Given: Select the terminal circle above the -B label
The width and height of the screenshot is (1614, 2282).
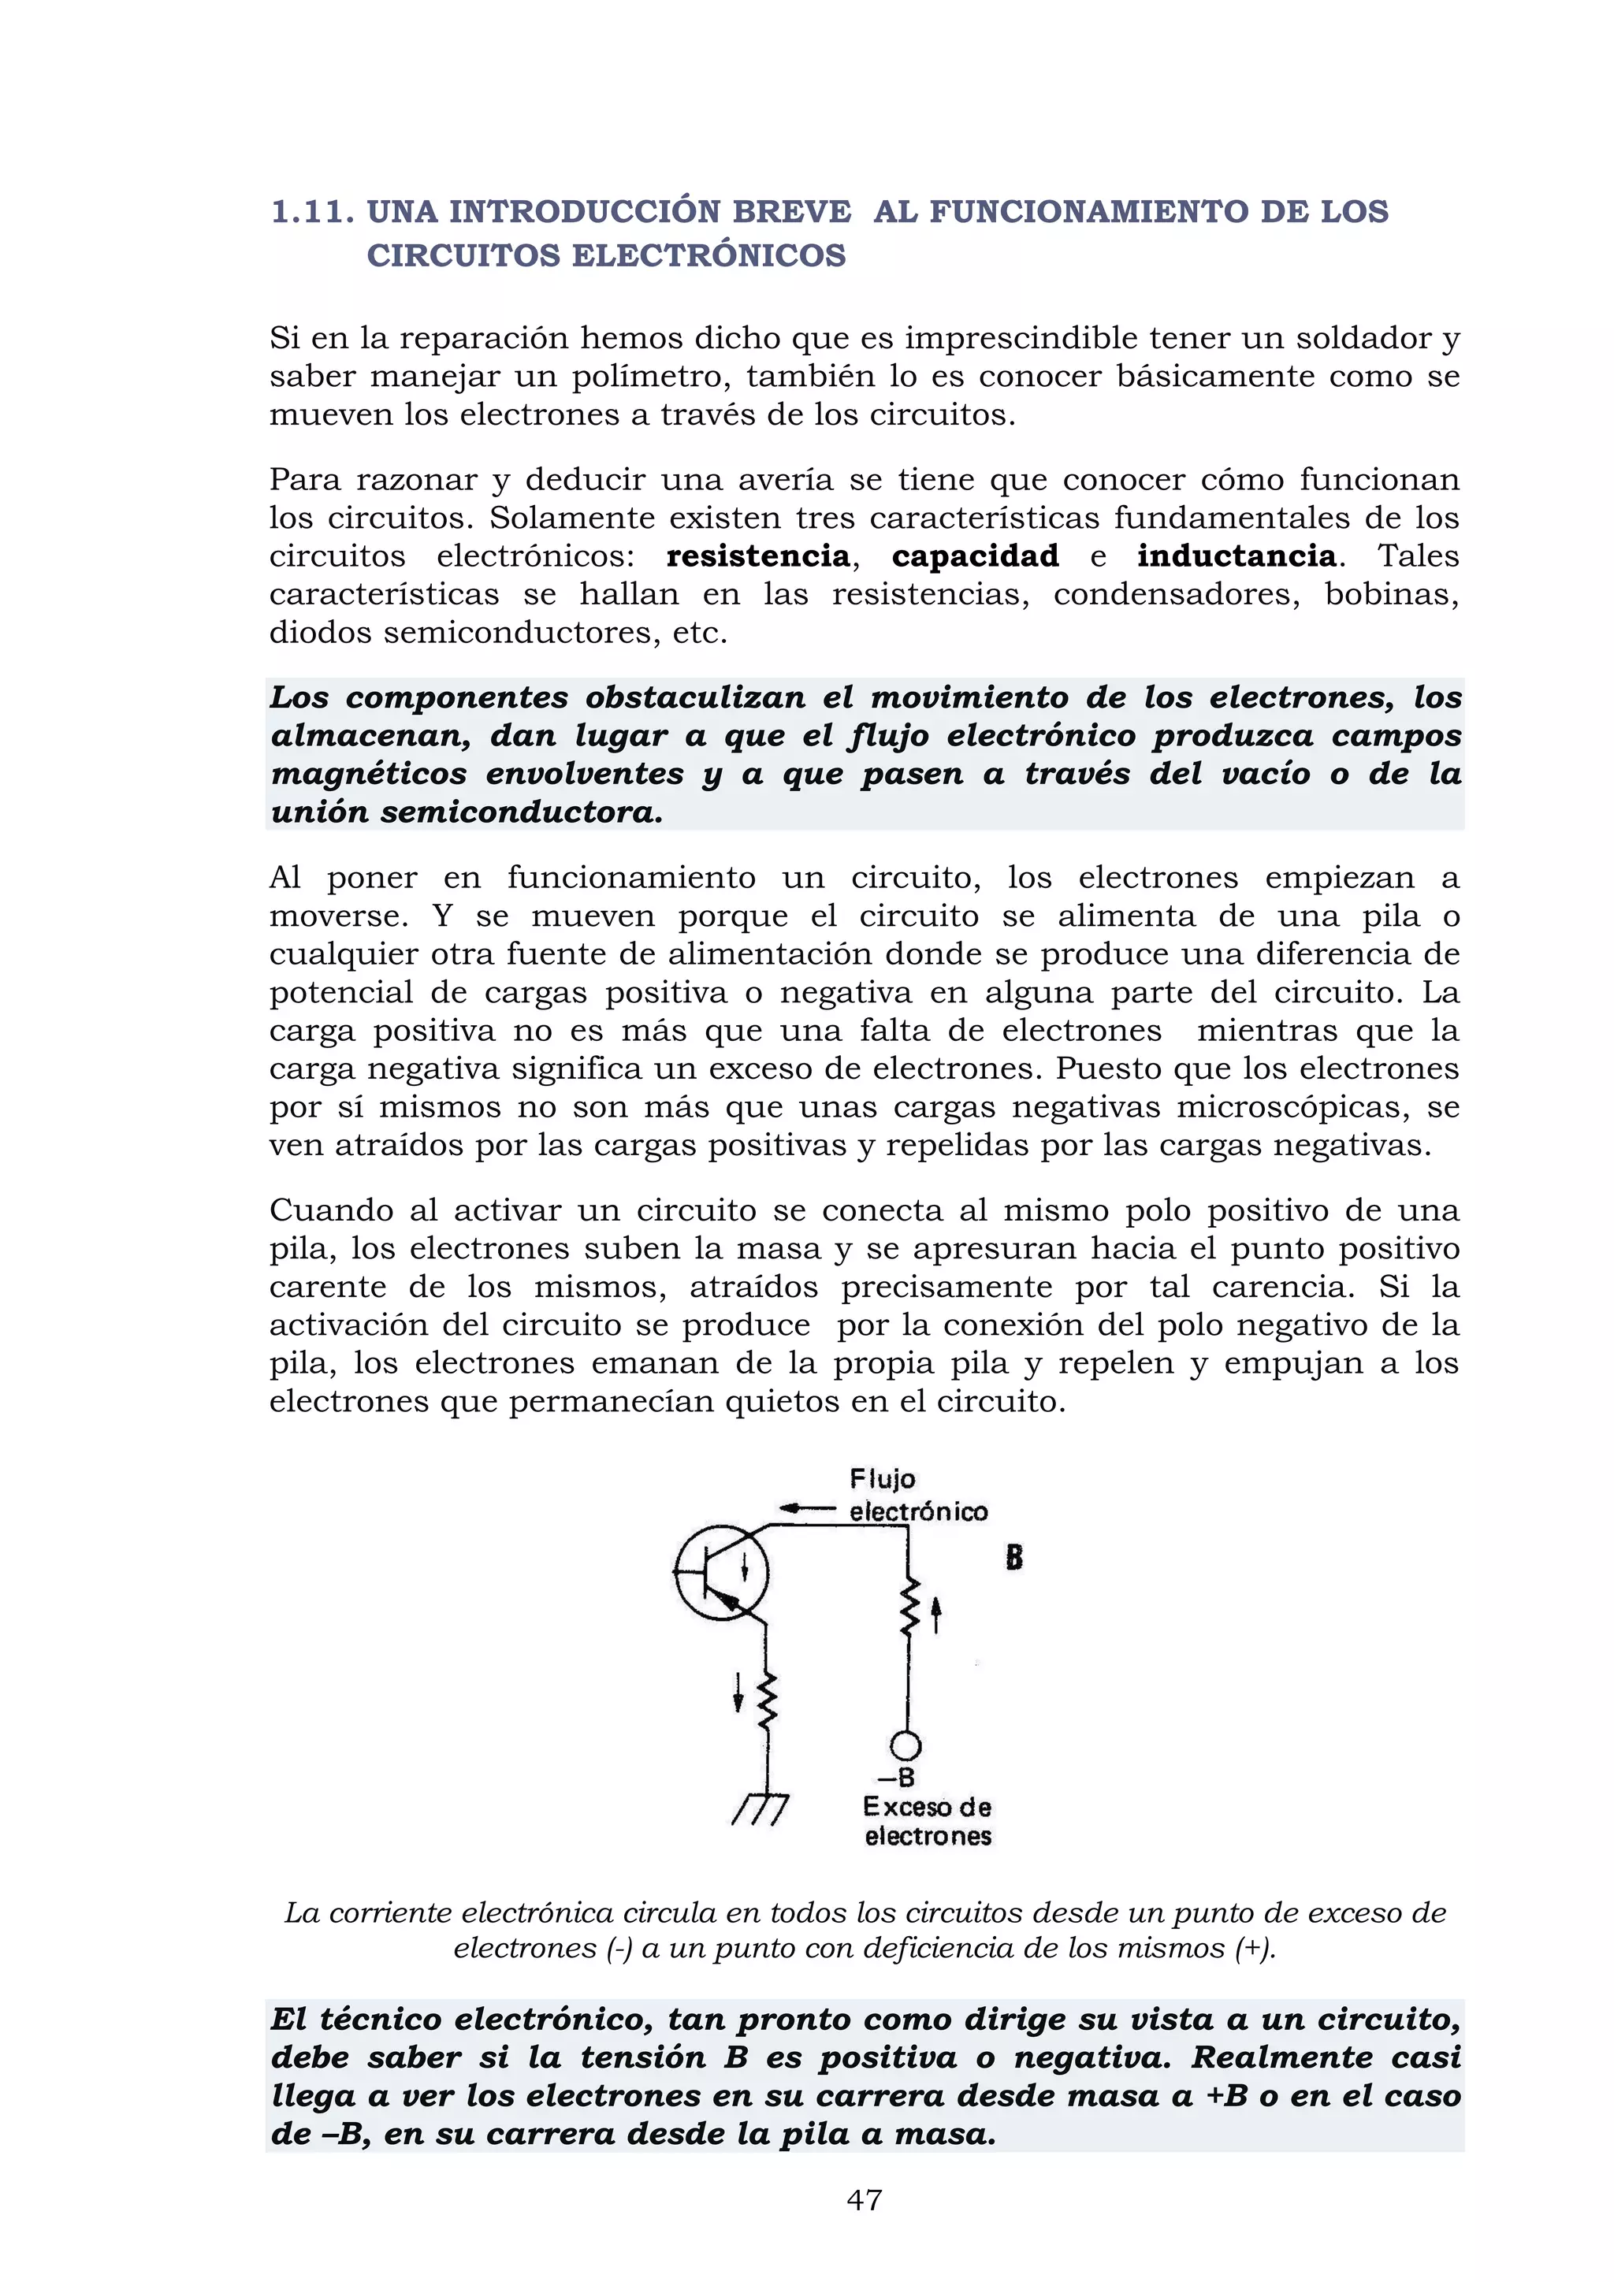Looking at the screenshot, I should (906, 1746).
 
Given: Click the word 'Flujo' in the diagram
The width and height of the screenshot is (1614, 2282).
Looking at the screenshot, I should (882, 1480).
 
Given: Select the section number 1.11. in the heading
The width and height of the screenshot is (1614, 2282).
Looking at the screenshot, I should (312, 212).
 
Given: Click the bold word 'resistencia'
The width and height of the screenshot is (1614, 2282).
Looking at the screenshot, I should (757, 556).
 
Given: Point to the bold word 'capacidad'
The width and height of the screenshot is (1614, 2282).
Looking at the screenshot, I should (975, 556).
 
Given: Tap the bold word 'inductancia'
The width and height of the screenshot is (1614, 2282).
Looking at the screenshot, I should (1237, 556).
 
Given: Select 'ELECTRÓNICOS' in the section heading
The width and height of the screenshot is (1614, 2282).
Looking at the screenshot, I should (708, 255).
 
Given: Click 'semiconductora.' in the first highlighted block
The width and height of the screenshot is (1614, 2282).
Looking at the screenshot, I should (521, 812).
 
